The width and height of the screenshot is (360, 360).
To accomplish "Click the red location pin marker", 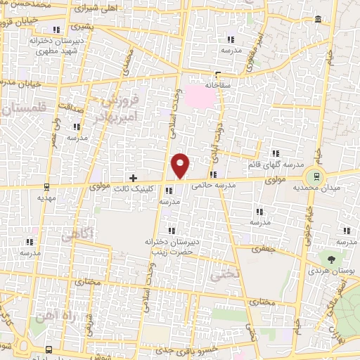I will [x=181, y=165].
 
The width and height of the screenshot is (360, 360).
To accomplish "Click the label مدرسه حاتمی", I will [x=230, y=184].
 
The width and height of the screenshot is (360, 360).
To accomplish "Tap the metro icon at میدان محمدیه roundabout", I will [x=316, y=176].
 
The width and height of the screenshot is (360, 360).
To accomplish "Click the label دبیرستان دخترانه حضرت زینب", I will [x=168, y=245].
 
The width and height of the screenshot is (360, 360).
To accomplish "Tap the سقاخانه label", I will [x=218, y=84].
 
